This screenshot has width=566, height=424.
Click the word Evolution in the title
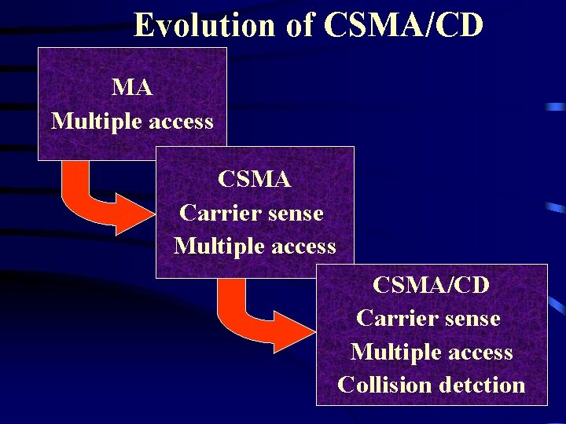coord(204,25)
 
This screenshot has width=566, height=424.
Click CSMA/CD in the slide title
coord(403,25)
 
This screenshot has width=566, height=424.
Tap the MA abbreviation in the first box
coord(132,87)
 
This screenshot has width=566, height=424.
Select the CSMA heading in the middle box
coord(254,179)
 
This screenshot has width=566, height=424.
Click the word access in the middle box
coord(302,247)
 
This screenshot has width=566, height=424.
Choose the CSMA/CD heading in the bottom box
coord(431,284)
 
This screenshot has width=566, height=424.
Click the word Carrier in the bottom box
coord(392,318)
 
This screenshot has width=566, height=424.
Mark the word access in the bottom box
coord(479,353)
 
